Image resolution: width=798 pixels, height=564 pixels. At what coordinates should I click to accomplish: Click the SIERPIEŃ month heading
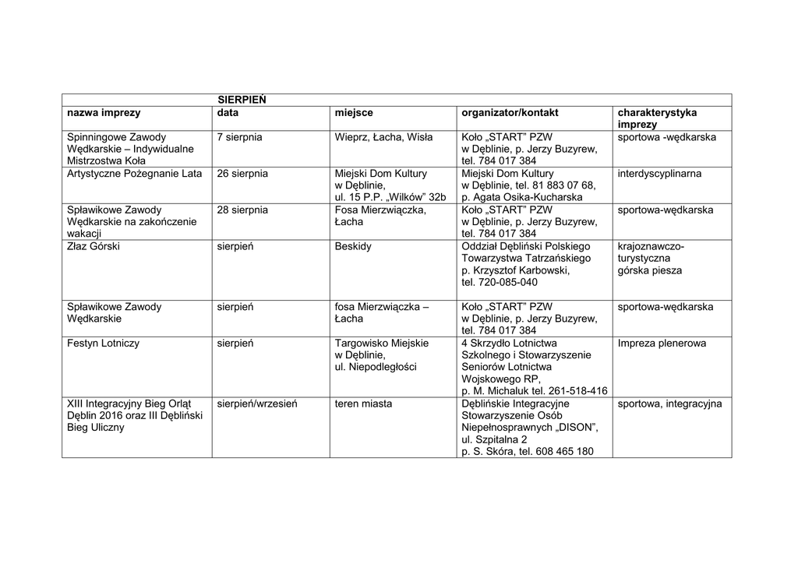tap(242, 100)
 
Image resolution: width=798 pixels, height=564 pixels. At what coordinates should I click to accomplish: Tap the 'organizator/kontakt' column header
tap(510, 113)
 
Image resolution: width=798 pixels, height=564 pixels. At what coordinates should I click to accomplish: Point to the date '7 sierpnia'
tap(239, 137)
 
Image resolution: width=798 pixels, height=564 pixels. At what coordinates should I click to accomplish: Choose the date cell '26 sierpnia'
tap(242, 173)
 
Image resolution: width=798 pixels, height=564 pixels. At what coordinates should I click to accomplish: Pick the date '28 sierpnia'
tap(242, 210)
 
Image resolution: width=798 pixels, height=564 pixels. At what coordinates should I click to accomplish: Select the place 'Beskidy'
tap(353, 246)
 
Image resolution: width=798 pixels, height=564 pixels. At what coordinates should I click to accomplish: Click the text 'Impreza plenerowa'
tap(662, 343)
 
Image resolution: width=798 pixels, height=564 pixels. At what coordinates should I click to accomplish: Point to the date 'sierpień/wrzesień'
tap(256, 404)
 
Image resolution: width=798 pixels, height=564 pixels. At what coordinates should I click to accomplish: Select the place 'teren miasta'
tap(363, 404)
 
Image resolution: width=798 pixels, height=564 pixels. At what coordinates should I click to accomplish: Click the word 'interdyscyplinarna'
tap(659, 173)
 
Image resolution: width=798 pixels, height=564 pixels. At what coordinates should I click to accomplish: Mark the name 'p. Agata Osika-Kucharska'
tap(521, 197)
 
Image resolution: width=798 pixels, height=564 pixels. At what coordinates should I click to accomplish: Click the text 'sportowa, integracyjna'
tap(669, 404)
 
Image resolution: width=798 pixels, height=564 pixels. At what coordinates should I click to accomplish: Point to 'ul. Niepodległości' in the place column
tap(376, 367)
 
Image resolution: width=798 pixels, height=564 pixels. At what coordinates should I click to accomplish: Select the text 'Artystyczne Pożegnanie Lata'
tap(134, 173)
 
